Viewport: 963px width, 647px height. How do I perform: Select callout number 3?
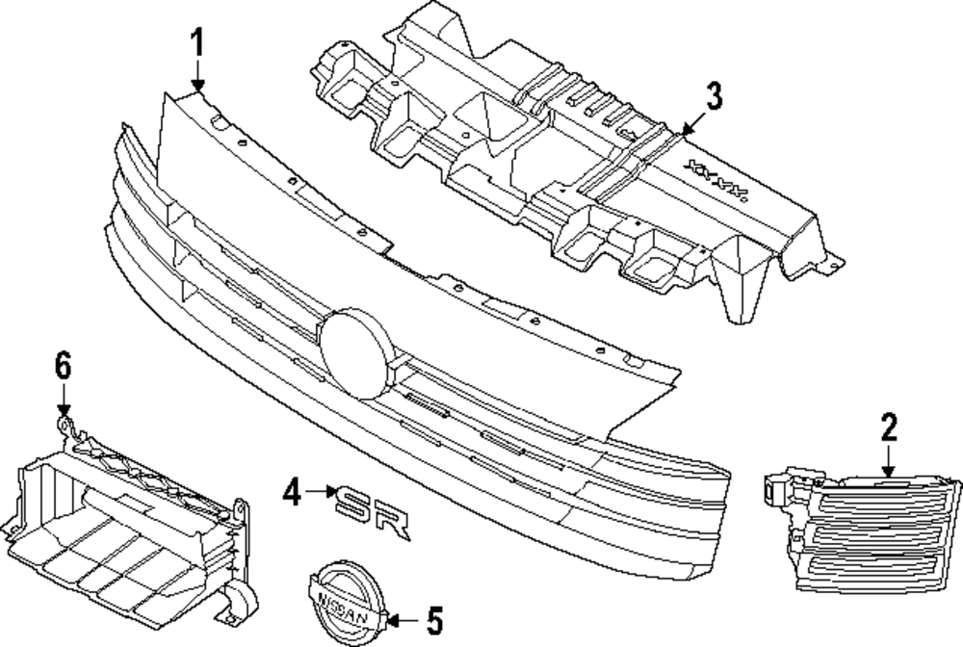click(x=713, y=96)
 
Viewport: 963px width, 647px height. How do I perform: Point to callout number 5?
click(x=433, y=617)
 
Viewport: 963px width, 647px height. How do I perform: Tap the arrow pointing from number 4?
click(x=318, y=495)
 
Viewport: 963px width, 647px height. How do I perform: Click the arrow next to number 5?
click(x=402, y=617)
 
